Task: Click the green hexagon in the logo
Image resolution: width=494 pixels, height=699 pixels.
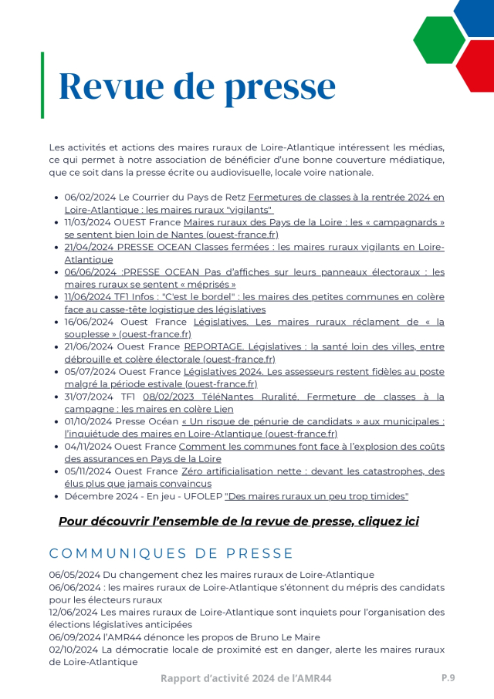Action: tap(438, 39)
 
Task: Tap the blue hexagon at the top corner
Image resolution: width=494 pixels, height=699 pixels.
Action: tap(477, 14)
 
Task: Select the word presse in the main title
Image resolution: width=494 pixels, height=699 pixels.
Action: tap(276, 86)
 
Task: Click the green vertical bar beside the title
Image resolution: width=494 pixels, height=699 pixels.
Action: tap(42, 85)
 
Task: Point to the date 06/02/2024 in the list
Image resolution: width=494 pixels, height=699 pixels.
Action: tap(90, 197)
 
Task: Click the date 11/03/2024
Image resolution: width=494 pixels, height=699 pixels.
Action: tap(90, 221)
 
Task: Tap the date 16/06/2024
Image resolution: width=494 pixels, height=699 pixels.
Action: tap(90, 322)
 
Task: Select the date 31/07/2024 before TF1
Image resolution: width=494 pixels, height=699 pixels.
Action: tap(90, 397)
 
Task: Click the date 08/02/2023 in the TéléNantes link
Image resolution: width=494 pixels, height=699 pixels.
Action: tap(167, 397)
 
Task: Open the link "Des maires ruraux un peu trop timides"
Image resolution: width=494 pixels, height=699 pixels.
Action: tap(316, 496)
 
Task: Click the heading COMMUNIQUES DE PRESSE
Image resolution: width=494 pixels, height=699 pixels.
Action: tap(171, 553)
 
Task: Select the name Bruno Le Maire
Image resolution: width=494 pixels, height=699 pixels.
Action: tap(284, 637)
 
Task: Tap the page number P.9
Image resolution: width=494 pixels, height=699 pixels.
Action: tap(448, 677)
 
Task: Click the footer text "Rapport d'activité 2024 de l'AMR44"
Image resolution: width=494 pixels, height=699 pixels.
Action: tap(246, 678)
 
